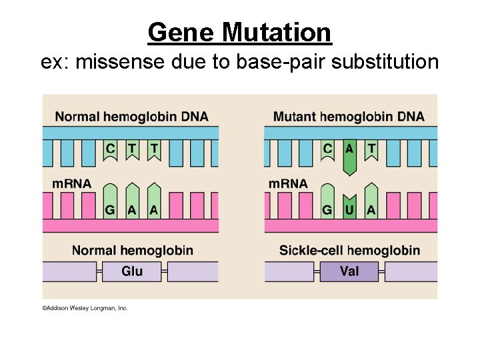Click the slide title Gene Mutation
point(239,32)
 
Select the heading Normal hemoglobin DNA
point(131,117)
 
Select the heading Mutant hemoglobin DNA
point(349,117)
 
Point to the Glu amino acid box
point(132,271)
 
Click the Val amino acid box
point(349,271)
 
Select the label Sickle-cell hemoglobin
point(349,251)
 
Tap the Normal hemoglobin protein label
point(132,251)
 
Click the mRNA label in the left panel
point(71,183)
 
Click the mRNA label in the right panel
point(288,183)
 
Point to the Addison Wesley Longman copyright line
point(85,308)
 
